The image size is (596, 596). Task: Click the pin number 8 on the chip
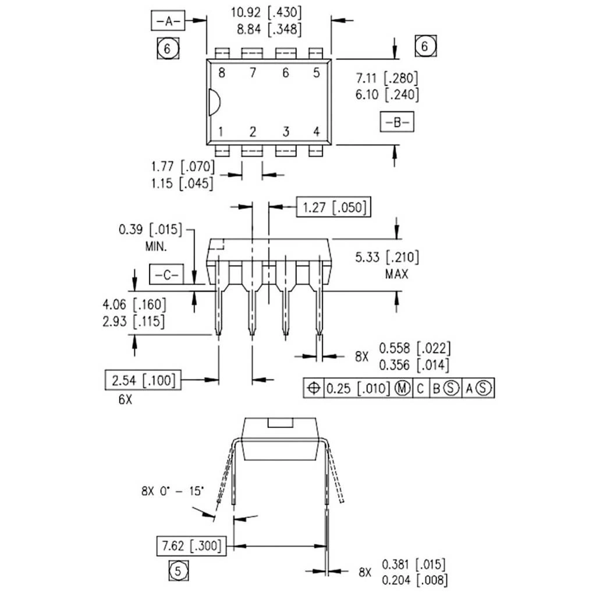pyautogui.click(x=221, y=73)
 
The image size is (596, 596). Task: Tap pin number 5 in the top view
pyautogui.click(x=317, y=73)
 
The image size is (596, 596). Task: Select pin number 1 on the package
pyautogui.click(x=221, y=132)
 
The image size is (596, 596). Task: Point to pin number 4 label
pyautogui.click(x=317, y=132)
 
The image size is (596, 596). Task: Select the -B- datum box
pyautogui.click(x=396, y=123)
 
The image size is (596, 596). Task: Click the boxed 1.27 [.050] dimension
pyautogui.click(x=334, y=207)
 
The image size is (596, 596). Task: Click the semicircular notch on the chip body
pyautogui.click(x=214, y=101)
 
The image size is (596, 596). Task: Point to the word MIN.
pyautogui.click(x=156, y=246)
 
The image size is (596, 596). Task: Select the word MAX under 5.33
pyautogui.click(x=396, y=274)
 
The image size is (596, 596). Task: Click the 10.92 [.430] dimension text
pyautogui.click(x=267, y=12)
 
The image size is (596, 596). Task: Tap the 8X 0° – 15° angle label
pyautogui.click(x=173, y=491)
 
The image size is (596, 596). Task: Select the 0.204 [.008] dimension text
pyautogui.click(x=414, y=580)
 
